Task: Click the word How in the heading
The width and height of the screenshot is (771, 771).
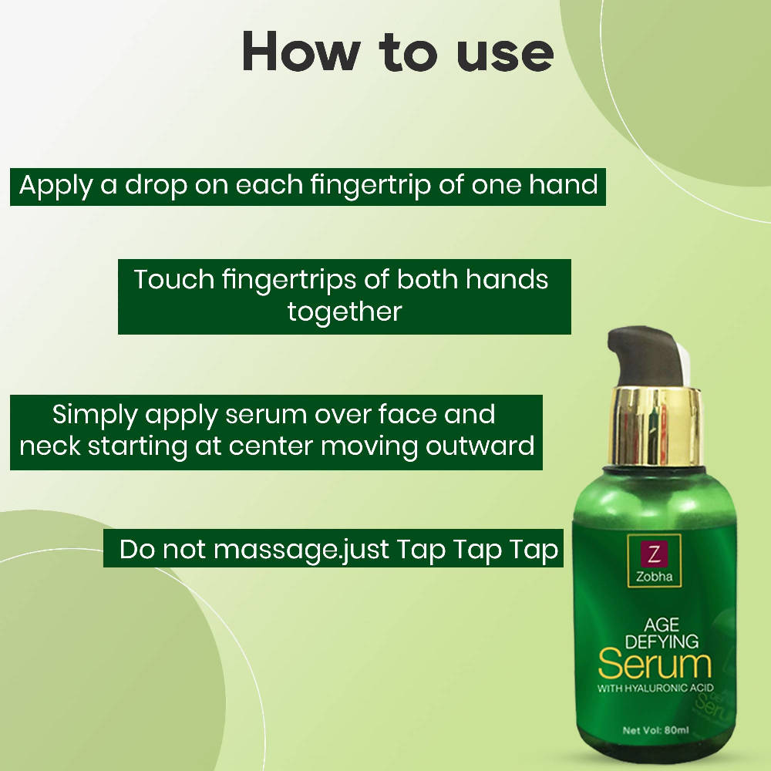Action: tap(301, 52)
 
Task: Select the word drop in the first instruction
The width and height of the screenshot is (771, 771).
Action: tap(156, 187)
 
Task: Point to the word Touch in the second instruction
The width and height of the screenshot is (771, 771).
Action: tap(174, 279)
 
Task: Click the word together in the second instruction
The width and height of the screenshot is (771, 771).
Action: tap(345, 313)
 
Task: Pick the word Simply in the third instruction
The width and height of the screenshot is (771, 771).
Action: tap(95, 416)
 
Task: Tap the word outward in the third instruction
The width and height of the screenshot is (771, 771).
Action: tap(480, 446)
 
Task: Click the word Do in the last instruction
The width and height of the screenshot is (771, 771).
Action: tap(137, 549)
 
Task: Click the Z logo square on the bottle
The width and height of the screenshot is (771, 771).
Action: tap(654, 554)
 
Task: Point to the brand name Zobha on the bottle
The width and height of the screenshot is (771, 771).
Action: tap(654, 576)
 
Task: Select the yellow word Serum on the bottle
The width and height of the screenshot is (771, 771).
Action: tap(655, 665)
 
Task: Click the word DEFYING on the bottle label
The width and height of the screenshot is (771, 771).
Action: tap(662, 641)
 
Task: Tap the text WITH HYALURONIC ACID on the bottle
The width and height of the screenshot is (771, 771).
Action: tap(655, 688)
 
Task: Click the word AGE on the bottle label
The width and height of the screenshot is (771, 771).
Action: tap(662, 625)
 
